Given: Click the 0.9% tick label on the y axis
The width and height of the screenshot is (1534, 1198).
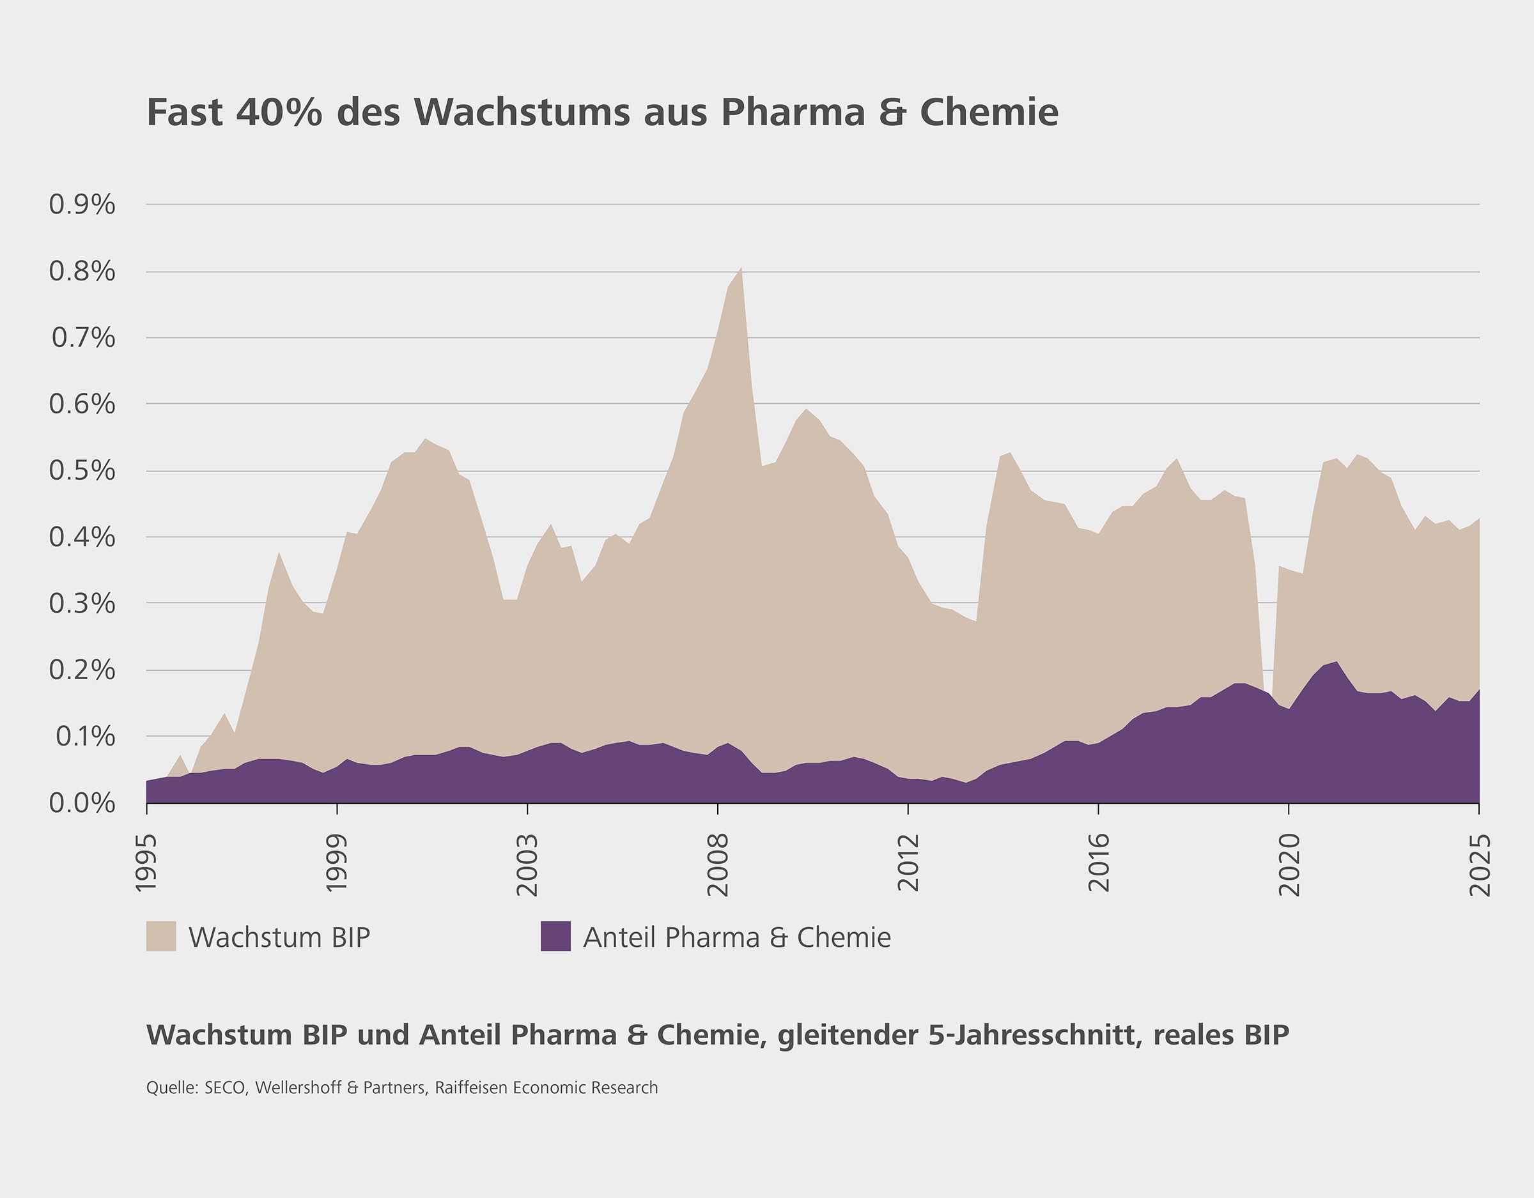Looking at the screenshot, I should (81, 205).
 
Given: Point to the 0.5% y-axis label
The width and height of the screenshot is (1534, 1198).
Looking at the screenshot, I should (81, 470).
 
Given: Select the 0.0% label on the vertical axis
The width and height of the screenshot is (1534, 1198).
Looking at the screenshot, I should (81, 803).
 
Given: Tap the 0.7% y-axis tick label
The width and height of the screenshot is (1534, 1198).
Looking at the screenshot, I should (83, 338).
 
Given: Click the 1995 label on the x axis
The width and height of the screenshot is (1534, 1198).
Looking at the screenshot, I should (146, 863).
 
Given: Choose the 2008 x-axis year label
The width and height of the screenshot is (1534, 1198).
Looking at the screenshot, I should (718, 864).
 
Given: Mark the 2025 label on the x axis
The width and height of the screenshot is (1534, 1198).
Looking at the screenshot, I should (1480, 864).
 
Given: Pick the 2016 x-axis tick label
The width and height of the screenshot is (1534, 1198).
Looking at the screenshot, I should (1099, 863).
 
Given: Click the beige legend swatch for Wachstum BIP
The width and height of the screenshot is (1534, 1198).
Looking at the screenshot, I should (161, 937).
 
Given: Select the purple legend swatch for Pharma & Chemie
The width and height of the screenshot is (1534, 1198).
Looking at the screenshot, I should (555, 937).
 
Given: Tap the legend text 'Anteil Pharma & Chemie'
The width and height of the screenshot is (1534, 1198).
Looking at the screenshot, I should (737, 937).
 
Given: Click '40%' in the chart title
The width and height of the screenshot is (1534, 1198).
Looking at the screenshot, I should (279, 112).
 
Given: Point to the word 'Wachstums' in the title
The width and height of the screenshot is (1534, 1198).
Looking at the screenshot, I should (521, 112).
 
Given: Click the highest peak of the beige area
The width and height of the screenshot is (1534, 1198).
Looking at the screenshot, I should (741, 268).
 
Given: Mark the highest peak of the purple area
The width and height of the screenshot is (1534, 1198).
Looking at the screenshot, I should (1336, 662).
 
